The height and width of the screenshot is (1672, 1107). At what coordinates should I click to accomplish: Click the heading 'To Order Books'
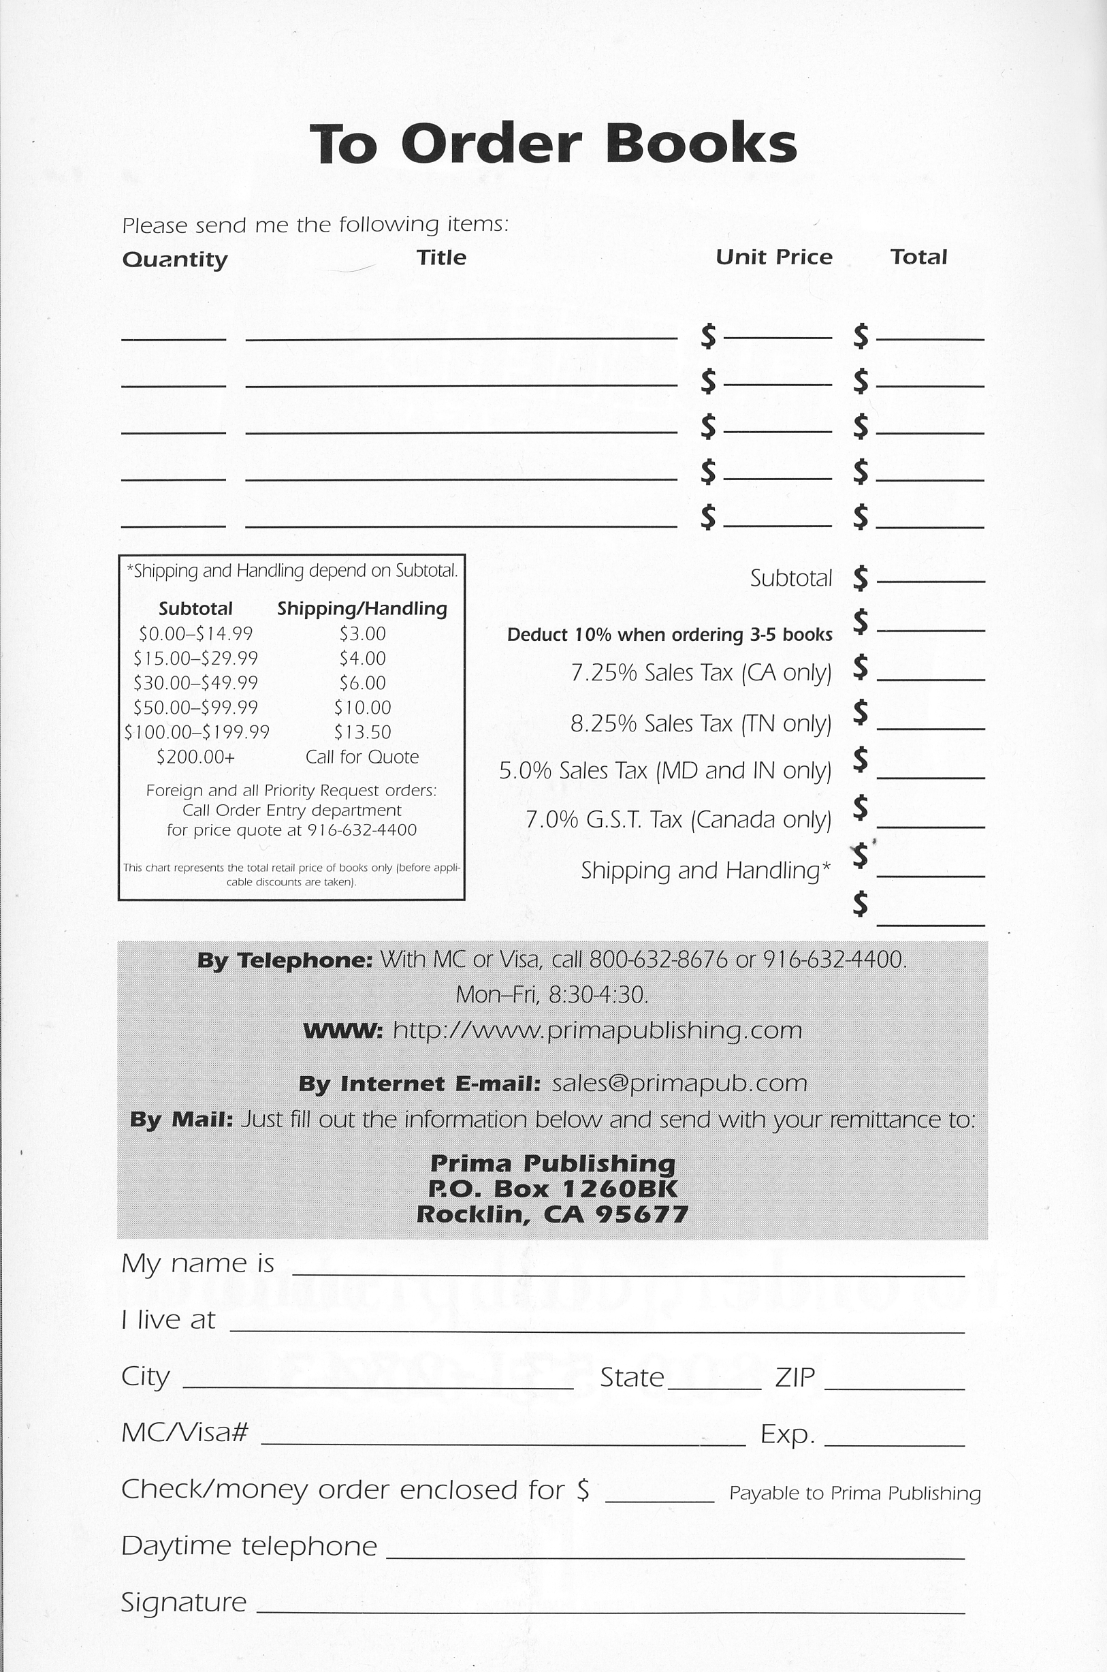point(553,143)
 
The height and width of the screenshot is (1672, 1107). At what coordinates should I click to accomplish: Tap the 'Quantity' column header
point(174,259)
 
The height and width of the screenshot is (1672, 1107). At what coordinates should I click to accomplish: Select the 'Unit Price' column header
point(774,257)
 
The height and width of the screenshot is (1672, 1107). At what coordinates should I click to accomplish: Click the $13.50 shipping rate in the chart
point(362,732)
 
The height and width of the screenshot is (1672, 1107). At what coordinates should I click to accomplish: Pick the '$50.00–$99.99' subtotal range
point(195,708)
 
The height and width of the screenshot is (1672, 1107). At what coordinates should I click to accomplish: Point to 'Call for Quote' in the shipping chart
point(362,757)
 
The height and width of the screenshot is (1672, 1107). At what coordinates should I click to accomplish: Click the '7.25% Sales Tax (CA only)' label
point(701,673)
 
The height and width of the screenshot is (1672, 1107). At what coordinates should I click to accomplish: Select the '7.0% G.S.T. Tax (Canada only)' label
point(679,820)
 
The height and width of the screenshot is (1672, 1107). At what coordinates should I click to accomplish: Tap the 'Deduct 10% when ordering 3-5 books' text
point(669,635)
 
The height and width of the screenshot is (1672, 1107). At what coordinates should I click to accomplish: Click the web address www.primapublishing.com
point(597,1030)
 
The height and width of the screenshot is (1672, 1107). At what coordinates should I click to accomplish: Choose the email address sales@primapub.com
point(679,1083)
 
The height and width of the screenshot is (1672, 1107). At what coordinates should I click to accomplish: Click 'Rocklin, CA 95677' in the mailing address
point(552,1214)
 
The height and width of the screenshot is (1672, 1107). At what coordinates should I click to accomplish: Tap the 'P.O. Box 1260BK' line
point(552,1189)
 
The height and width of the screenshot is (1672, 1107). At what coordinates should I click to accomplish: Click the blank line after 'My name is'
point(628,1270)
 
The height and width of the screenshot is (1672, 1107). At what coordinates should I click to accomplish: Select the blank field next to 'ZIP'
point(894,1383)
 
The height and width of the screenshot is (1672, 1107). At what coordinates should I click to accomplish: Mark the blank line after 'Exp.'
point(894,1440)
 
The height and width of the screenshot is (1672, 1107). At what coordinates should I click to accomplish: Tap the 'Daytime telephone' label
point(249,1545)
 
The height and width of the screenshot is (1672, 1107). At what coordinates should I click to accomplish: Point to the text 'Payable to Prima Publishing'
point(855,1494)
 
